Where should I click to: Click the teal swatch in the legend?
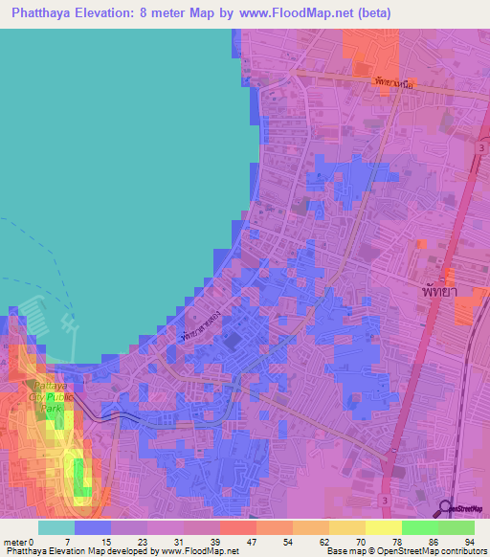(56, 527)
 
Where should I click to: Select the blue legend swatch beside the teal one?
(93, 527)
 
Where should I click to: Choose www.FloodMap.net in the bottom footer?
(207, 551)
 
